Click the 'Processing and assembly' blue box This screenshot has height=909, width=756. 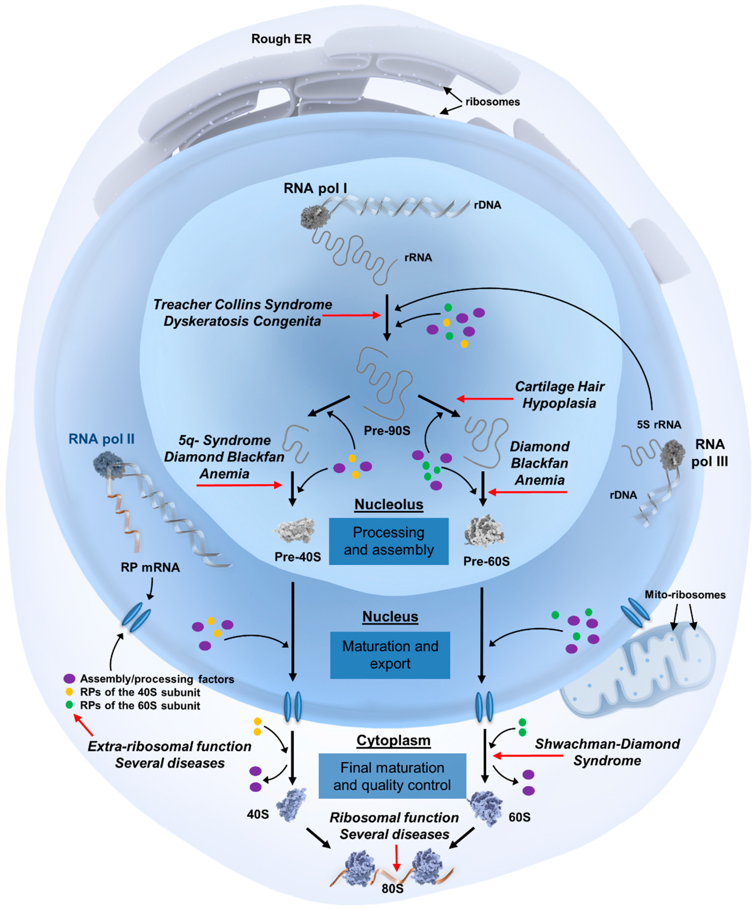[x=388, y=541]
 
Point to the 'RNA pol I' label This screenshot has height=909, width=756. [x=315, y=188]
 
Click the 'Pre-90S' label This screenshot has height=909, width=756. [x=387, y=431]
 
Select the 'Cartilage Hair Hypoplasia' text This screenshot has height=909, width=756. [x=559, y=395]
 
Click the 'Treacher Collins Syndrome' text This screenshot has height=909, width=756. [x=243, y=304]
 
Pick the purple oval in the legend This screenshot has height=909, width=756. [x=69, y=678]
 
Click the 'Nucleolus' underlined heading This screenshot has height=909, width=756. [x=389, y=505]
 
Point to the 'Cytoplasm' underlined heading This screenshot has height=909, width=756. [x=394, y=741]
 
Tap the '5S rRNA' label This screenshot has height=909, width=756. [x=659, y=425]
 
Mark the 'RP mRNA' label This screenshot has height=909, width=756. [x=150, y=567]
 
